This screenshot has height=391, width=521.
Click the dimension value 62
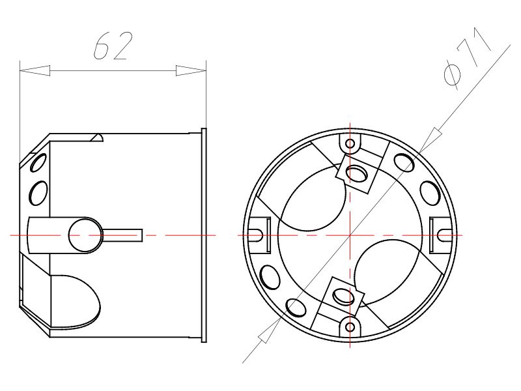click(x=115, y=46)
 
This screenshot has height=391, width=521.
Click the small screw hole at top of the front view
click(x=350, y=143)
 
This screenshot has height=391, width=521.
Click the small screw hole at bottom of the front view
click(x=350, y=325)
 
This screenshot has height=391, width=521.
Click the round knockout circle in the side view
click(x=84, y=234)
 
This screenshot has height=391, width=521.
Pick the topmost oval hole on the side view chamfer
click(x=41, y=161)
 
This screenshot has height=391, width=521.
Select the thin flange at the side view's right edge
click(x=204, y=234)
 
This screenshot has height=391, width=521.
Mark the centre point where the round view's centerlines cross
click(x=350, y=234)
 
